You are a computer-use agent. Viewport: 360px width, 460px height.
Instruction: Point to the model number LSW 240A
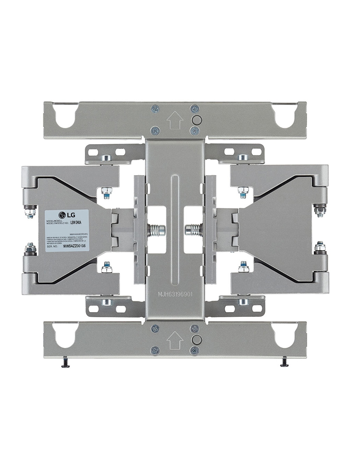(76, 223)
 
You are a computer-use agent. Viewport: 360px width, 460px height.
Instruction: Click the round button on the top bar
(196, 120)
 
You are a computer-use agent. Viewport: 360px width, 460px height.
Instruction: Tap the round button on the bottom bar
(196, 339)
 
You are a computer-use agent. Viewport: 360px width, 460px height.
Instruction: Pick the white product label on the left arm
(67, 230)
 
